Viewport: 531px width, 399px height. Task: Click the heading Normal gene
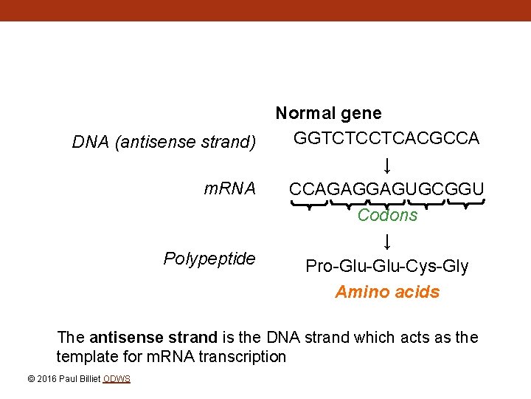coord(328,114)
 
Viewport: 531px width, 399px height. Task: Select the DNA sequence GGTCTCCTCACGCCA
coord(386,138)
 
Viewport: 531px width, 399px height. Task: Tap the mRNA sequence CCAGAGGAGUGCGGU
coord(386,189)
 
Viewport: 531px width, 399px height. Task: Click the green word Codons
coord(387,215)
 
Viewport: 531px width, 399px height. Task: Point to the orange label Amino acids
coord(387,292)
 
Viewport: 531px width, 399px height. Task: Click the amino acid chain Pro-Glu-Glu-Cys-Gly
coord(387,266)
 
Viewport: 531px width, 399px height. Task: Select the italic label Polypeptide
coord(209,259)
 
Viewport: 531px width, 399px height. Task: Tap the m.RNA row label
coord(229,189)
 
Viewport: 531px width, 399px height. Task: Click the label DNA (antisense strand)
coord(164,141)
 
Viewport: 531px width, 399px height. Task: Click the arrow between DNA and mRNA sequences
coord(387,164)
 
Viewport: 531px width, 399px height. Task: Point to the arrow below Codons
coord(387,241)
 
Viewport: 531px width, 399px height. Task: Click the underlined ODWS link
coord(117,379)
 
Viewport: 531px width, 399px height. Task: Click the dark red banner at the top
coord(265,10)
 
